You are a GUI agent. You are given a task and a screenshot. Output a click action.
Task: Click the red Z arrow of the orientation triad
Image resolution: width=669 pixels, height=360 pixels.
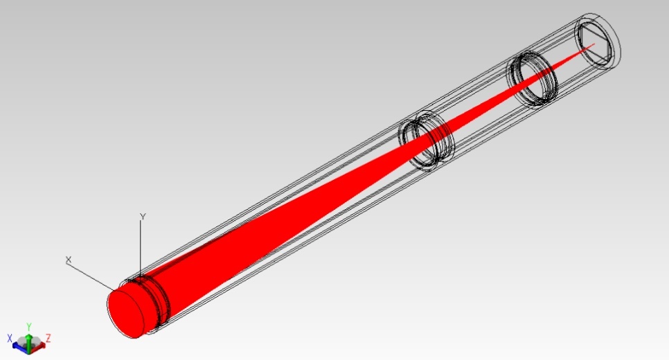tap(39, 346)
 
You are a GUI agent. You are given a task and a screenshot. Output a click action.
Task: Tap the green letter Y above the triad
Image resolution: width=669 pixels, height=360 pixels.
tap(28, 327)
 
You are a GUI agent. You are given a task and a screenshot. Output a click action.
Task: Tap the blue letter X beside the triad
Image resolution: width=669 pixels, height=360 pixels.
tap(10, 339)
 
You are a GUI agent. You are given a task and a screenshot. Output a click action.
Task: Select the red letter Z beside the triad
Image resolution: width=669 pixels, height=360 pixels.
tap(48, 339)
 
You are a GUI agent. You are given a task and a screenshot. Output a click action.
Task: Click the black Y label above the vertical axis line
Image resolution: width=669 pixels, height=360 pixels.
tap(143, 217)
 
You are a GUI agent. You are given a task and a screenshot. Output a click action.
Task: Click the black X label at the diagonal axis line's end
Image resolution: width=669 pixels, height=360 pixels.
tap(69, 260)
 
